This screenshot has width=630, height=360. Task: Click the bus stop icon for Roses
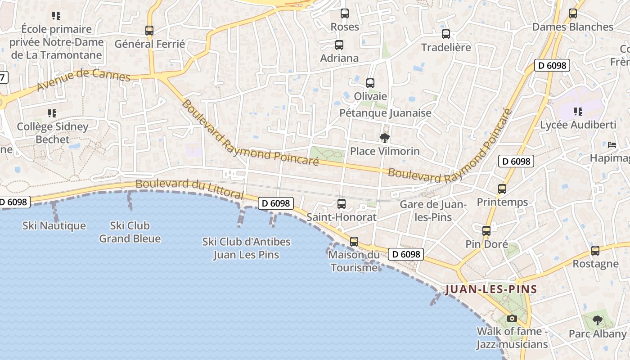click(x=345, y=13)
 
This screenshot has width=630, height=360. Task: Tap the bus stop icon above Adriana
click(x=339, y=45)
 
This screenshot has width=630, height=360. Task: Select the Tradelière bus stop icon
click(x=446, y=34)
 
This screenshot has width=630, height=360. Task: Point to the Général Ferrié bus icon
click(x=149, y=31)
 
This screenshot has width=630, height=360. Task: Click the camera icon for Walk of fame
click(x=512, y=319)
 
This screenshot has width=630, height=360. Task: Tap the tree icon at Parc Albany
click(x=597, y=320)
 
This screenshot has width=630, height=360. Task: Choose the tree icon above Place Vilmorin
click(x=384, y=138)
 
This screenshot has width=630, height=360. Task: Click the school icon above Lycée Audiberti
click(x=578, y=111)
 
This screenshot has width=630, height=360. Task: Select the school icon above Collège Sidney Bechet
click(x=52, y=113)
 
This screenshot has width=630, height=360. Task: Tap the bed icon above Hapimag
click(x=612, y=145)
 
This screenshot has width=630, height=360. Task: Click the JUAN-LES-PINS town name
click(x=491, y=289)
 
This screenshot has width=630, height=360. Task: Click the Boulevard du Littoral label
click(x=189, y=189)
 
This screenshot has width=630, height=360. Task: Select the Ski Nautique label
click(x=54, y=225)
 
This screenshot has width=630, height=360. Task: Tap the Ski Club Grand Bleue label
click(x=130, y=232)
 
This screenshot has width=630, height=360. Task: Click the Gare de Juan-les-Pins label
click(x=432, y=211)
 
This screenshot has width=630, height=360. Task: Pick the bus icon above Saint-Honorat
click(x=342, y=203)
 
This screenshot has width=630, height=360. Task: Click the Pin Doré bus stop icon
click(x=486, y=231)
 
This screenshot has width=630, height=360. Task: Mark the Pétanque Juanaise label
click(x=385, y=113)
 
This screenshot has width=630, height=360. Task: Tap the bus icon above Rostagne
click(x=595, y=251)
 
